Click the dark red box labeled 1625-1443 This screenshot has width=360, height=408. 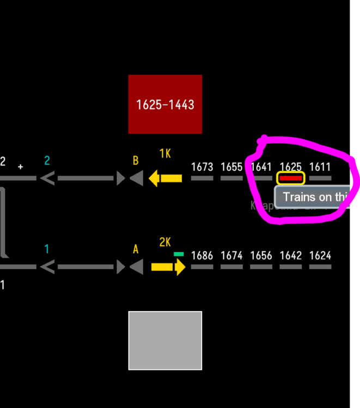pos(165,104)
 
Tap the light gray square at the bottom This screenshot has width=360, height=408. pos(165,341)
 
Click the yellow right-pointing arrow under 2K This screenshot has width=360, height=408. pos(168,267)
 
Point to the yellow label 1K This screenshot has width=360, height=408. pos(165,154)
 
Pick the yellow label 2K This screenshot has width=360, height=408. pos(165,243)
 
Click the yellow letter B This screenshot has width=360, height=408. pos(136,160)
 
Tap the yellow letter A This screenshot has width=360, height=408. pos(136,249)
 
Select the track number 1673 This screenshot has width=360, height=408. pos(202,166)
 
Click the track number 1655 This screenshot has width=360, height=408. pos(231,166)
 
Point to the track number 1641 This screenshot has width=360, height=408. pos(261,166)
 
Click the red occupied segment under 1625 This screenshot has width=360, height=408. pos(290,178)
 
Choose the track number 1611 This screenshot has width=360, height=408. pos(320,166)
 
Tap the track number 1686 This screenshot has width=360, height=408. pos(202,255)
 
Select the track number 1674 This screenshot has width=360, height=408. pos(231,255)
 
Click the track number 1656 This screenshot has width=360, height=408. pos(261,255)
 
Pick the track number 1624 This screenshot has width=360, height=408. pos(320,255)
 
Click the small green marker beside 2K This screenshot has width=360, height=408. pos(179,254)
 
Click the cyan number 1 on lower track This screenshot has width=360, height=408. pos(47,249)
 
